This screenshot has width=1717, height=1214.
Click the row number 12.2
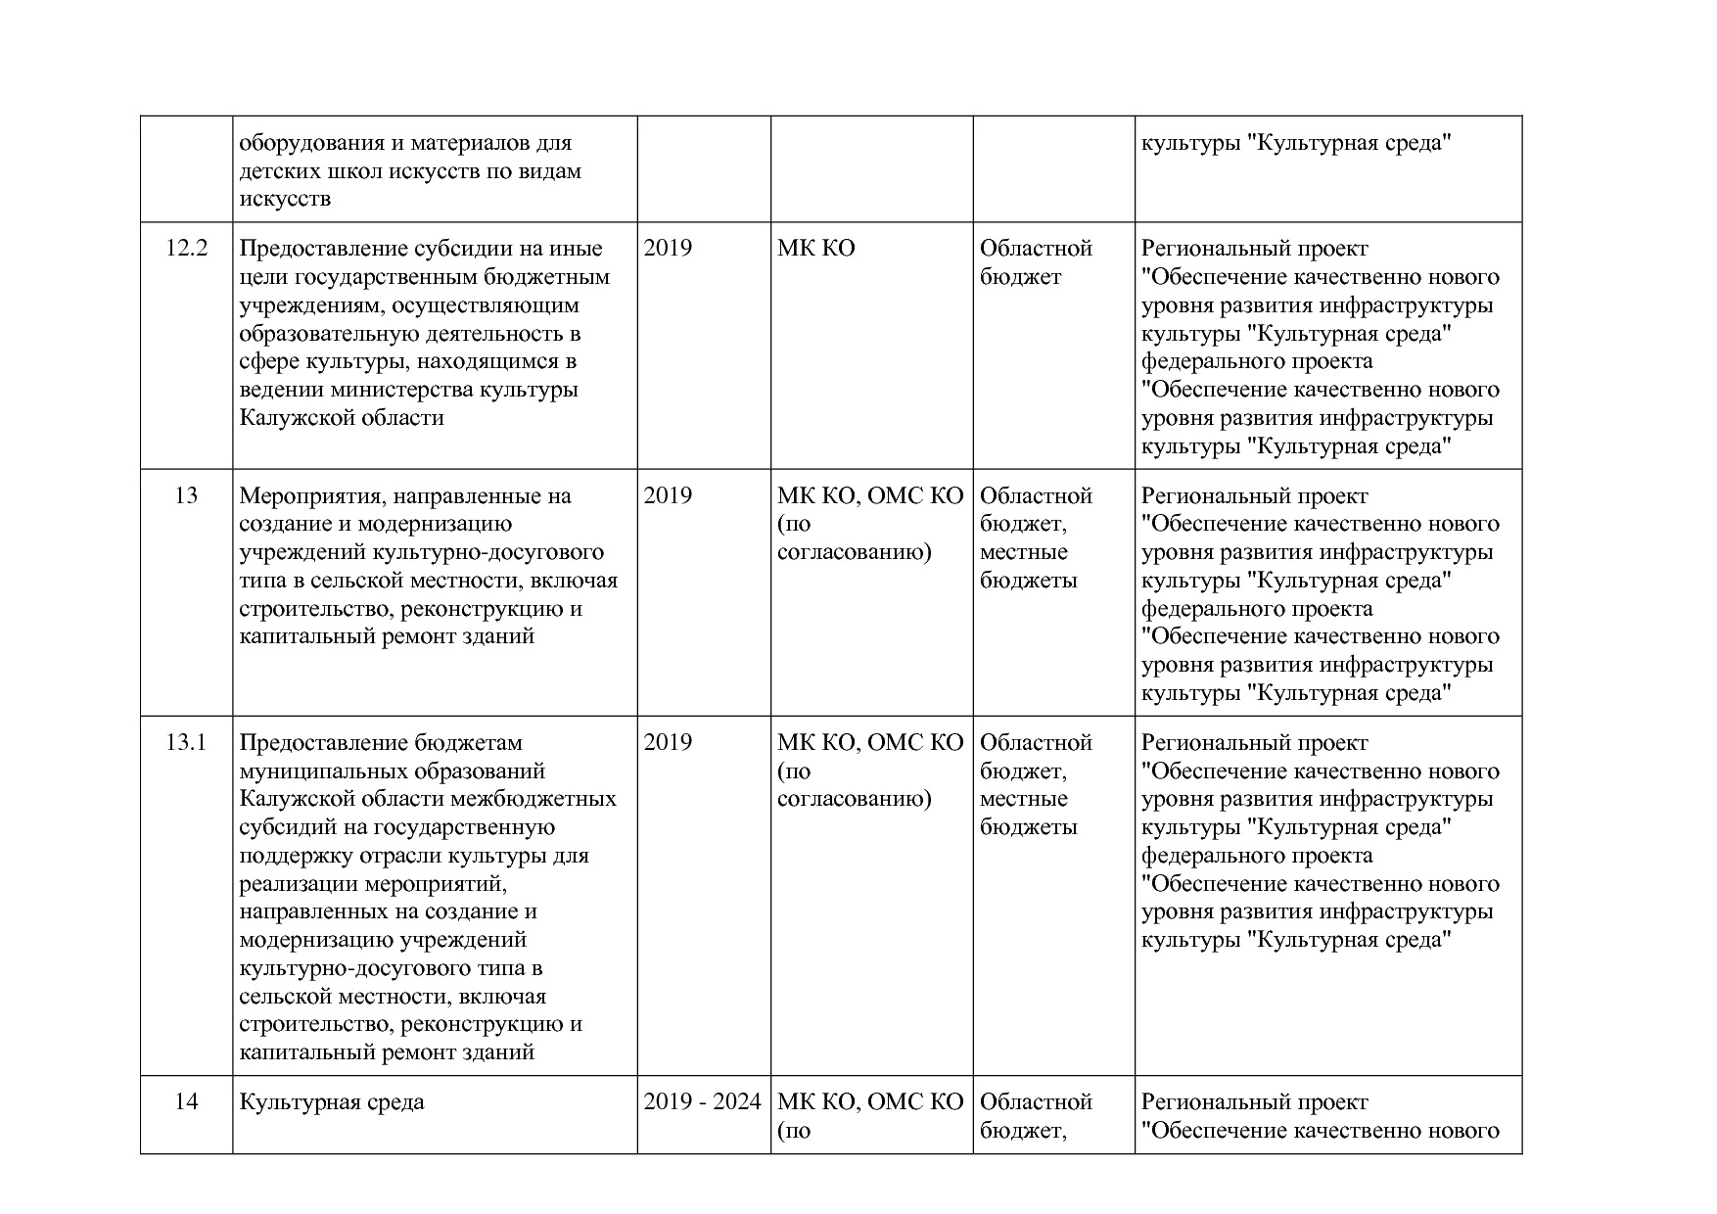186,249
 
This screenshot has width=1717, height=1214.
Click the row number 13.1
186,742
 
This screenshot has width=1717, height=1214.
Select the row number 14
186,1102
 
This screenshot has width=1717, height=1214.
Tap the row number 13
186,495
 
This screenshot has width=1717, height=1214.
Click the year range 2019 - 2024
702,1102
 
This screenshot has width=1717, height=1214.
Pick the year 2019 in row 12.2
668,249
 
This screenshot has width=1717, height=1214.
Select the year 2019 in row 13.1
668,742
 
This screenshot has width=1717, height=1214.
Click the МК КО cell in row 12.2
816,249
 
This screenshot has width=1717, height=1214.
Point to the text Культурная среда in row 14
332,1102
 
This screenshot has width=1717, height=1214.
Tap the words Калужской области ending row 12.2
342,418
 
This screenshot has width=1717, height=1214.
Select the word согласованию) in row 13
854,552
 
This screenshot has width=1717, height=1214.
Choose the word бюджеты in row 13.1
1028,827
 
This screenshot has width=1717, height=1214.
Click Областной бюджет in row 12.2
1036,262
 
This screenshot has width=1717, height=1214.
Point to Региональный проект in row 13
1254,495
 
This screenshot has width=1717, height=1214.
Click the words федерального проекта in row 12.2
1257,361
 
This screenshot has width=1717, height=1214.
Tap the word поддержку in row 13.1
291,856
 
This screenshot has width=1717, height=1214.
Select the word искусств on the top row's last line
285,200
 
